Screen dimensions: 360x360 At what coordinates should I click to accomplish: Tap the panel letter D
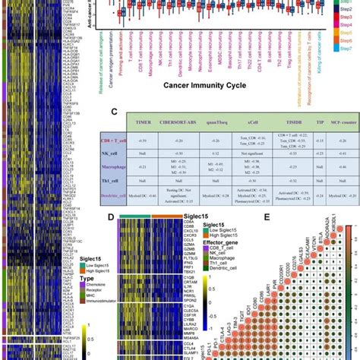(x=112, y=218)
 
